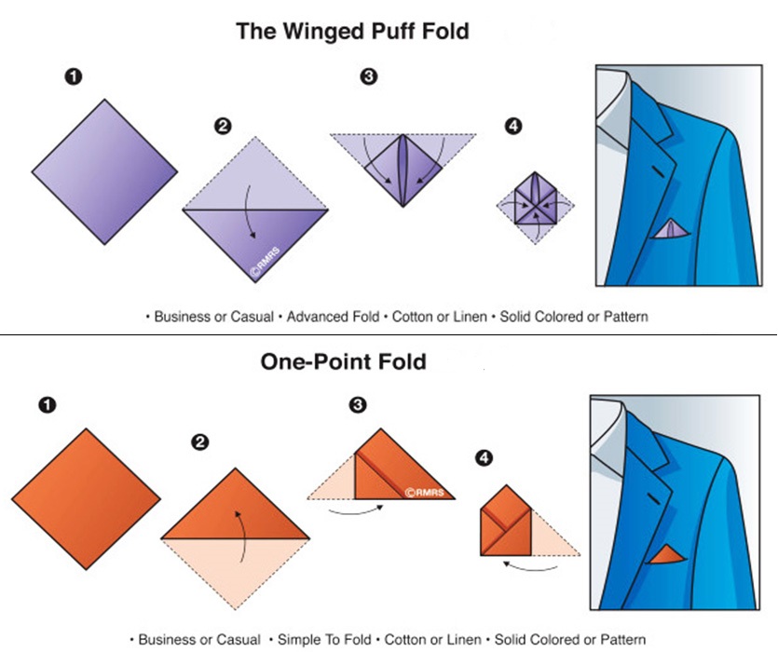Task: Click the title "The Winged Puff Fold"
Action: pos(352,31)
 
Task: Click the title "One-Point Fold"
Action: pos(343,360)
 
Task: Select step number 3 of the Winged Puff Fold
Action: pos(369,78)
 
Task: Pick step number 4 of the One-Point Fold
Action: pos(483,457)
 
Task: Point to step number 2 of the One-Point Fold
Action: pos(198,442)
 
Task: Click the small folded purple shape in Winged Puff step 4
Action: pos(534,198)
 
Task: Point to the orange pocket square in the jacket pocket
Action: pos(669,556)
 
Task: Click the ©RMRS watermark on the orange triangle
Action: pos(426,491)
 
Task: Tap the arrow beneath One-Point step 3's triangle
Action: pos(360,509)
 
